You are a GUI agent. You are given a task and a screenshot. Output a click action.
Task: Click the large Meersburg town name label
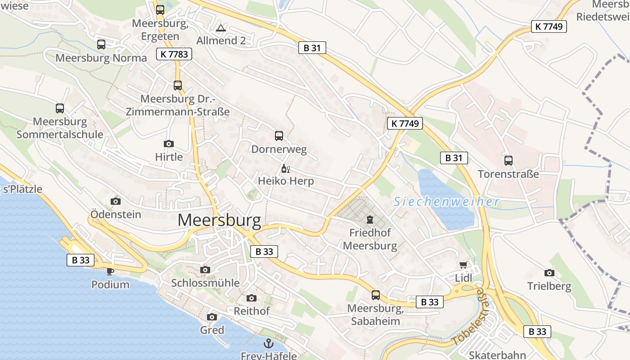click(219, 220)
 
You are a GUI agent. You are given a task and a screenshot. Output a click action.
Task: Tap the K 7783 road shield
click(174, 54)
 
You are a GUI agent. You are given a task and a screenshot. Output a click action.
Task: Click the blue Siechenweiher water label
click(446, 202)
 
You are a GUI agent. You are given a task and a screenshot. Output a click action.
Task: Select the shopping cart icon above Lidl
click(463, 265)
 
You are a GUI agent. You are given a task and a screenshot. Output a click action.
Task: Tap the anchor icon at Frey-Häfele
click(269, 343)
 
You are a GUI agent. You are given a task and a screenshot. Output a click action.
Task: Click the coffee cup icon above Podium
click(110, 271)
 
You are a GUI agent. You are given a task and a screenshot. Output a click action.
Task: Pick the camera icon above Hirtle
click(169, 144)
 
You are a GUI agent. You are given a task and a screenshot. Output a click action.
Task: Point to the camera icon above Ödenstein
click(116, 201)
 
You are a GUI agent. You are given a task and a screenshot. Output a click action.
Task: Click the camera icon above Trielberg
click(549, 273)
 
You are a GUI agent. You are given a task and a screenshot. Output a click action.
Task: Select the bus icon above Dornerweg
click(279, 135)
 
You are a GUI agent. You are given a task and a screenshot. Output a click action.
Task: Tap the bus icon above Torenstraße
click(508, 160)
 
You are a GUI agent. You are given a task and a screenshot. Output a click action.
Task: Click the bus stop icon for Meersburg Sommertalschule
click(60, 108)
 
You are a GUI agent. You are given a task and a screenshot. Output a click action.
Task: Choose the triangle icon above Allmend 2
click(220, 28)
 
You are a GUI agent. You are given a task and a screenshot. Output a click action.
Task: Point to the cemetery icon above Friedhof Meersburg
click(370, 220)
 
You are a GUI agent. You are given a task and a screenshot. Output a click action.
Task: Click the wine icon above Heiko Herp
click(285, 169)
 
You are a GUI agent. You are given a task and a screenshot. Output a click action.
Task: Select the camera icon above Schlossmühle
click(205, 270)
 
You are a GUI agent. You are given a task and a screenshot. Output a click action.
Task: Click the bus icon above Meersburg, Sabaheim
click(376, 295)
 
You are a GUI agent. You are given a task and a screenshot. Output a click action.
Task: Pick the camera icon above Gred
click(212, 317)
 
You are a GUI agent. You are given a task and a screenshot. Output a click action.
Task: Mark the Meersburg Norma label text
click(101, 58)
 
